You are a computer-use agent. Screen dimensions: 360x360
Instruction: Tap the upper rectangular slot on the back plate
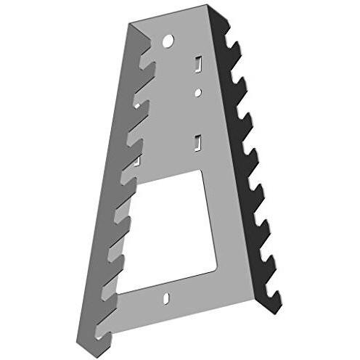pyautogui.click(x=196, y=65)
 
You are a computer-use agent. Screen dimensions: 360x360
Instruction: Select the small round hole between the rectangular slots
pyautogui.click(x=197, y=92)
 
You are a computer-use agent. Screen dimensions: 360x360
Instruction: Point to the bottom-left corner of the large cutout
pyautogui.click(x=118, y=291)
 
